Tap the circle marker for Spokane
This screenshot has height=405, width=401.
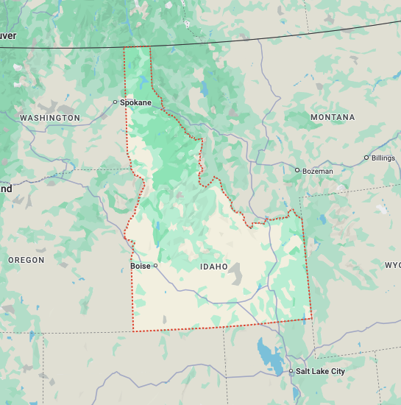click(115, 102)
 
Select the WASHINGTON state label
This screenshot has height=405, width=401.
click(50, 118)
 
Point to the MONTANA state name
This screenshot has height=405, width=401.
click(332, 117)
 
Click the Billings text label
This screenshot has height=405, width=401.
click(383, 158)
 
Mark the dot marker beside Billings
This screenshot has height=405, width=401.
click(366, 158)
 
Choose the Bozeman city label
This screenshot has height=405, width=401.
click(317, 171)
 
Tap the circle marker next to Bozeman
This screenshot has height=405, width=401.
click(297, 170)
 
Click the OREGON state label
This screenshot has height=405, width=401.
click(26, 260)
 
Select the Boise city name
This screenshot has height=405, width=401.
click(140, 266)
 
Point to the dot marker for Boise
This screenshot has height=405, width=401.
click(155, 266)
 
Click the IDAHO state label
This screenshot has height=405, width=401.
click(214, 266)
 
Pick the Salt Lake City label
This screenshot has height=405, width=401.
click(320, 371)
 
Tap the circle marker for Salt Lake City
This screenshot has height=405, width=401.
click(291, 371)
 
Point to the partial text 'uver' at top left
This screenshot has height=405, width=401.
click(8, 35)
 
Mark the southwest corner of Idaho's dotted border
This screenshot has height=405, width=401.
click(133, 331)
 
